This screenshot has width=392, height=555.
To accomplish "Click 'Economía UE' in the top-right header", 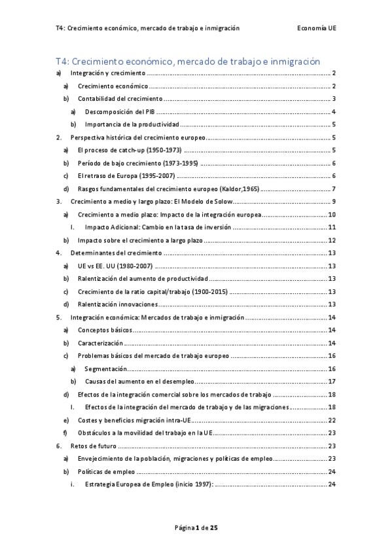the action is pyautogui.click(x=316, y=29).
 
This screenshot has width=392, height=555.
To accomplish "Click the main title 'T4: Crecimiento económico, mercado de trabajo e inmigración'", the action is pyautogui.click(x=188, y=62).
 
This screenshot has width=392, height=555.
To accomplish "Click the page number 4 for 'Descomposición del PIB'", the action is pyautogui.click(x=334, y=112).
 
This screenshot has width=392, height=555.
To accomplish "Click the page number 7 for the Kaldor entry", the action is pyautogui.click(x=334, y=189).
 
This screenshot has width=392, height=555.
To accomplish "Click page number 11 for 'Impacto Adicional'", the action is pyautogui.click(x=332, y=227).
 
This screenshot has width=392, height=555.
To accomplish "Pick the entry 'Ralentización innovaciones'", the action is pyautogui.click(x=118, y=304).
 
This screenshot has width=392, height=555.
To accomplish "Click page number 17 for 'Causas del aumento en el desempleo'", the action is pyautogui.click(x=332, y=382).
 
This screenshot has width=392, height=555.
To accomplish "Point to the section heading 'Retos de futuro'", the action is pyautogui.click(x=91, y=446).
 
